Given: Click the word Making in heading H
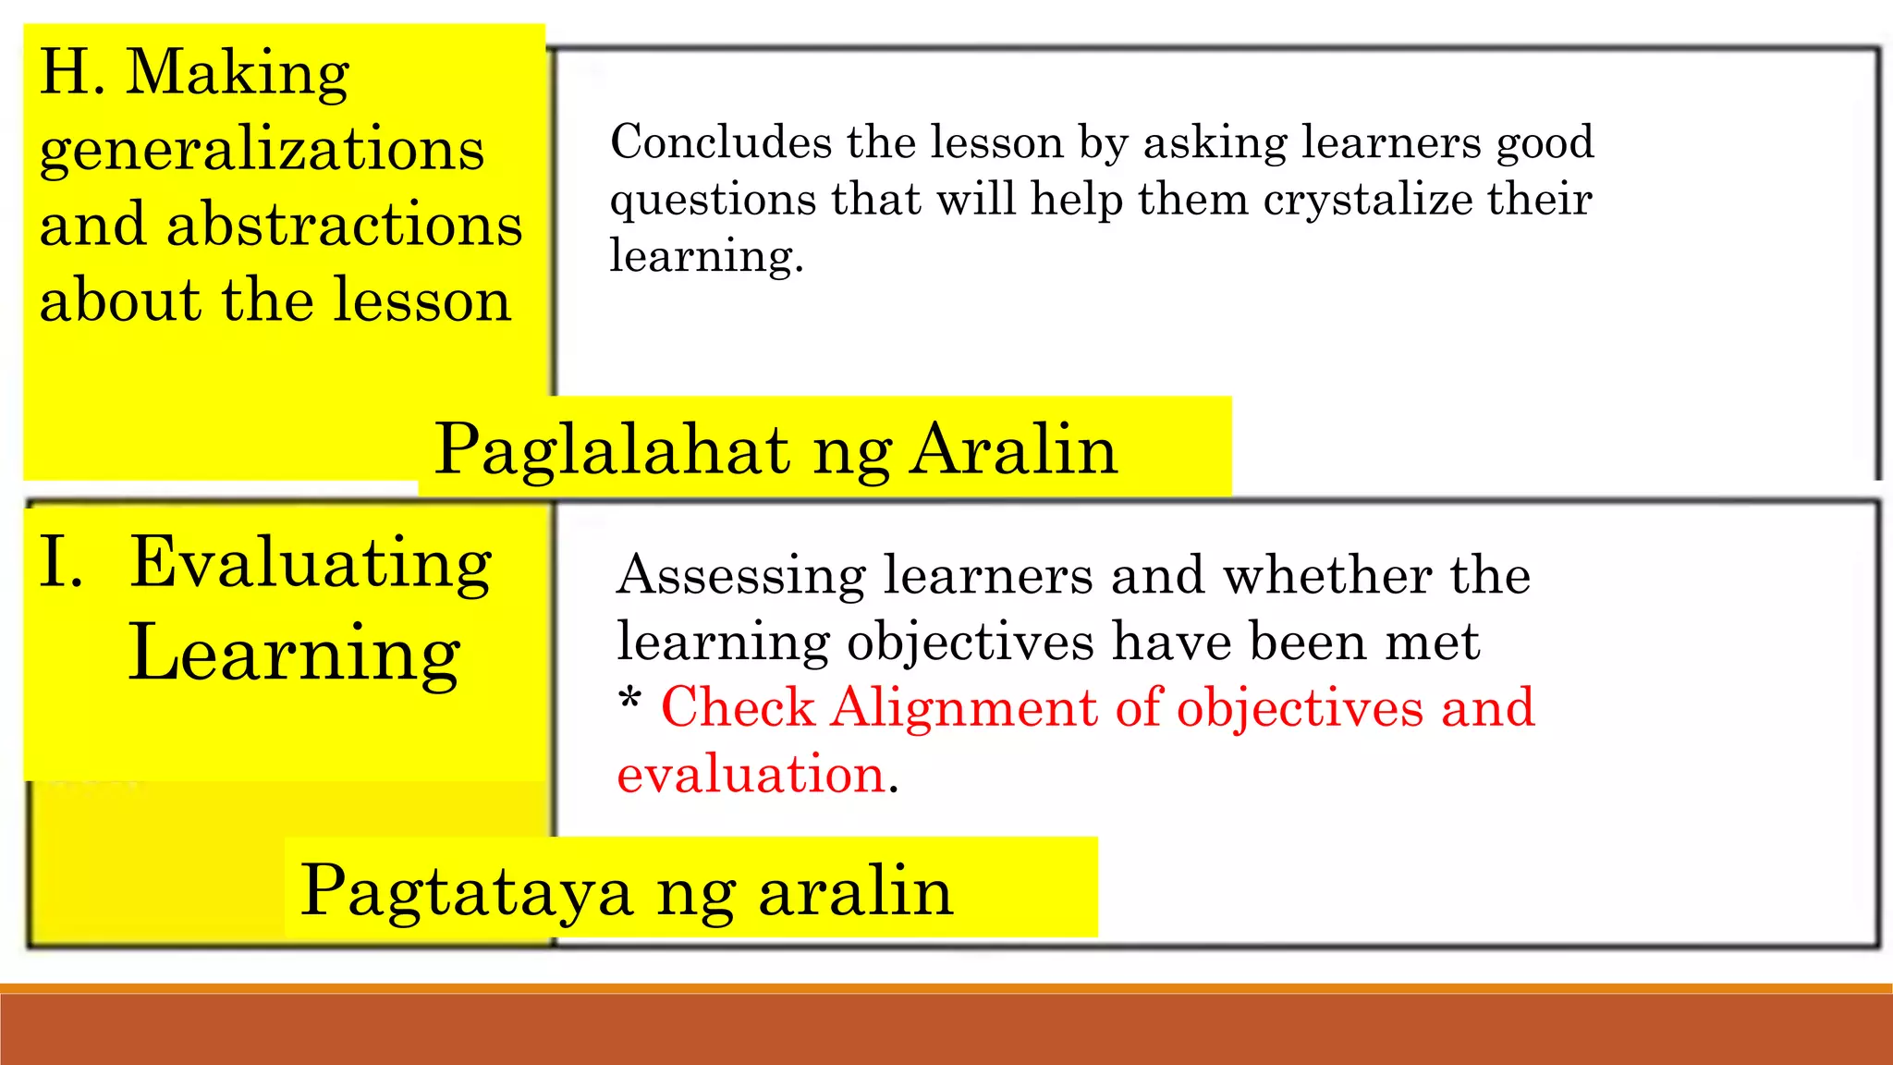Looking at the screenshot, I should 238,74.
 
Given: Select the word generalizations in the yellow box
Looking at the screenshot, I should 262,150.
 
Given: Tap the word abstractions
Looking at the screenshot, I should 344,226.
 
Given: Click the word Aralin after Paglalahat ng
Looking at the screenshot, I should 1013,450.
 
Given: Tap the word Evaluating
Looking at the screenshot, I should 311,563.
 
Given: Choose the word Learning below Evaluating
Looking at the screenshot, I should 294,654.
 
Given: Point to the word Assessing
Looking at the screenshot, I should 741,576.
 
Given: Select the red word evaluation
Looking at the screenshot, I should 751,774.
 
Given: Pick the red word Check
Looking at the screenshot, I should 738,708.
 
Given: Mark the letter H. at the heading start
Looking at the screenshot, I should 71,74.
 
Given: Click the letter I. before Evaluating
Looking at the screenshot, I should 60,563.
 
